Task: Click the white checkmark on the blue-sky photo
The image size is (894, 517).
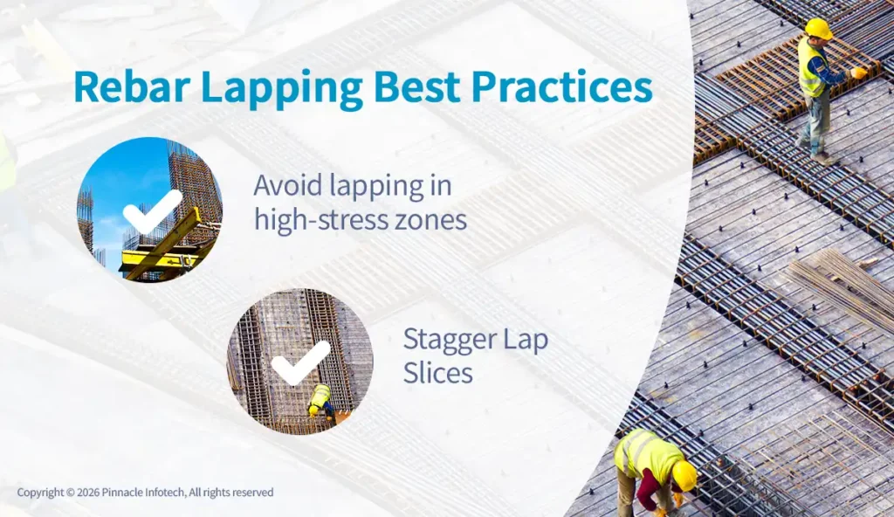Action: click(151, 210)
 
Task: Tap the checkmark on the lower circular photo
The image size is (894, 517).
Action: click(299, 362)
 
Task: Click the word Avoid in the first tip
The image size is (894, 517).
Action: click(292, 185)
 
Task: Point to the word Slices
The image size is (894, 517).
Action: click(437, 373)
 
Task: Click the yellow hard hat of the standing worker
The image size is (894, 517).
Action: click(818, 28)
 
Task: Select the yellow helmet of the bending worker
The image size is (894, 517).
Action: click(684, 475)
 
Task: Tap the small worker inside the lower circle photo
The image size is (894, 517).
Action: click(320, 401)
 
